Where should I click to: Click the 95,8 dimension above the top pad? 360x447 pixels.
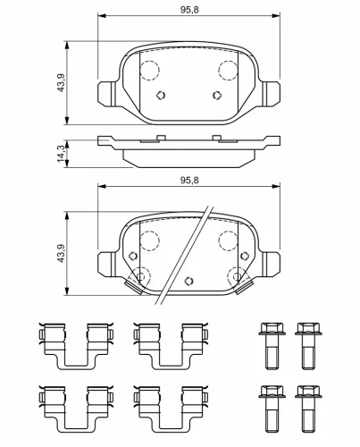(x=189, y=10)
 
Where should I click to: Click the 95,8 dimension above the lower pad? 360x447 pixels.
(x=189, y=180)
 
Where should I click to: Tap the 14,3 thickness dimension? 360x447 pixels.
(x=62, y=154)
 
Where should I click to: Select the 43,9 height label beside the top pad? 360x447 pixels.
(x=61, y=82)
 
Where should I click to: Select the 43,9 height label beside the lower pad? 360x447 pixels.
(x=61, y=253)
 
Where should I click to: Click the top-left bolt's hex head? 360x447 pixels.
(x=272, y=328)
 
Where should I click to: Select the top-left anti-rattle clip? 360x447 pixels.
(x=76, y=346)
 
